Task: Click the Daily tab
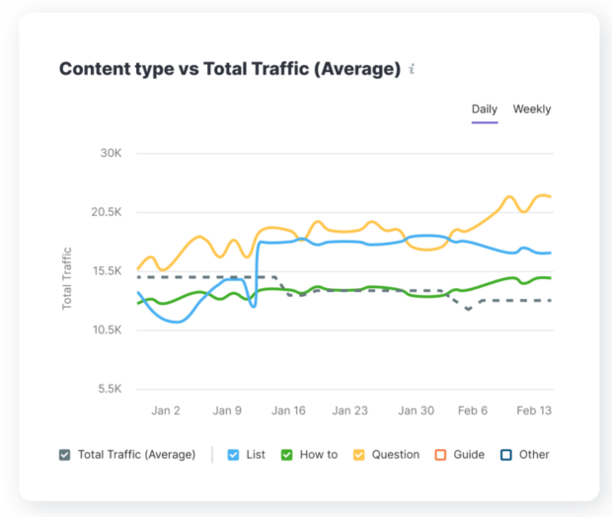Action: tap(484, 110)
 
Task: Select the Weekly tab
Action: tap(532, 110)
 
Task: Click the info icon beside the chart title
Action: tap(413, 69)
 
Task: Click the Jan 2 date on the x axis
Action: tap(166, 410)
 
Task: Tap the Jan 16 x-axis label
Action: tap(289, 410)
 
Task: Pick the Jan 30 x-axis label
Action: tap(416, 410)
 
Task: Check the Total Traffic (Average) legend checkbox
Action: tap(65, 455)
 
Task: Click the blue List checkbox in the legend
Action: tap(233, 455)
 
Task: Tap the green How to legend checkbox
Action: tap(286, 455)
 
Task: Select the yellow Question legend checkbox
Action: tap(359, 455)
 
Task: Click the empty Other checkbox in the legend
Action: tap(505, 455)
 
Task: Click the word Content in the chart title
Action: tap(92, 69)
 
